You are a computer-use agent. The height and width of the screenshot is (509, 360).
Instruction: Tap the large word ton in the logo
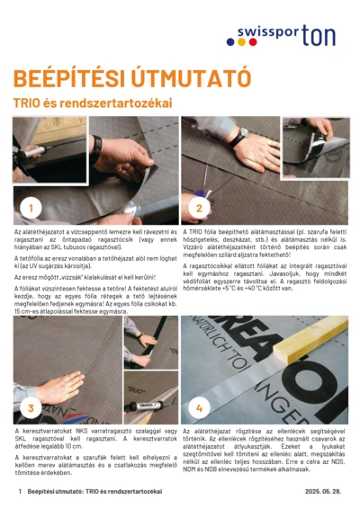[319, 35]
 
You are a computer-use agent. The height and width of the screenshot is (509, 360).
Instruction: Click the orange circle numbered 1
[30, 208]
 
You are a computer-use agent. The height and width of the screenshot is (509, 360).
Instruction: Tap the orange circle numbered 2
[200, 208]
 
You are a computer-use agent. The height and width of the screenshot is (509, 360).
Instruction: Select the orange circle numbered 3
[30, 407]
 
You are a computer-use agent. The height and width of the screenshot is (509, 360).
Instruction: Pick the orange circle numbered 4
[200, 407]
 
